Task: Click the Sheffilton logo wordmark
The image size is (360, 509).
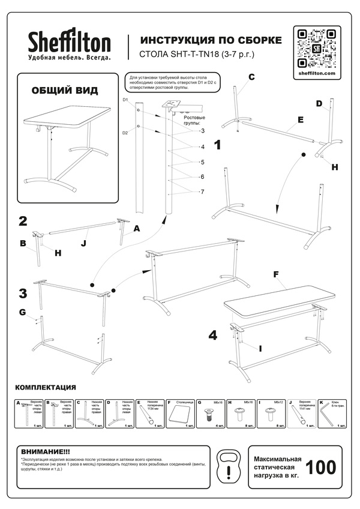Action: coord(69,42)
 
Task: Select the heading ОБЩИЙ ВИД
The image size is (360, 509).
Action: coord(64,91)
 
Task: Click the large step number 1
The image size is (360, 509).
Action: coord(218,145)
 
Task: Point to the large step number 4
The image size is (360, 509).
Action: coord(212,335)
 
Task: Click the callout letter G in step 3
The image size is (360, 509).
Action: coord(22,312)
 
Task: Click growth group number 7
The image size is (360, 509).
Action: coord(202,191)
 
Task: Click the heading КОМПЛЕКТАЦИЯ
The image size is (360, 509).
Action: coord(45,387)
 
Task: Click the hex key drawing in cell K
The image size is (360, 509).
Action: coord(326,414)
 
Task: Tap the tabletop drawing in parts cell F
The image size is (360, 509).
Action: coord(178,415)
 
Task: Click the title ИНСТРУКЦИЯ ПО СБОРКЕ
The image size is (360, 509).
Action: coord(210,41)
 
